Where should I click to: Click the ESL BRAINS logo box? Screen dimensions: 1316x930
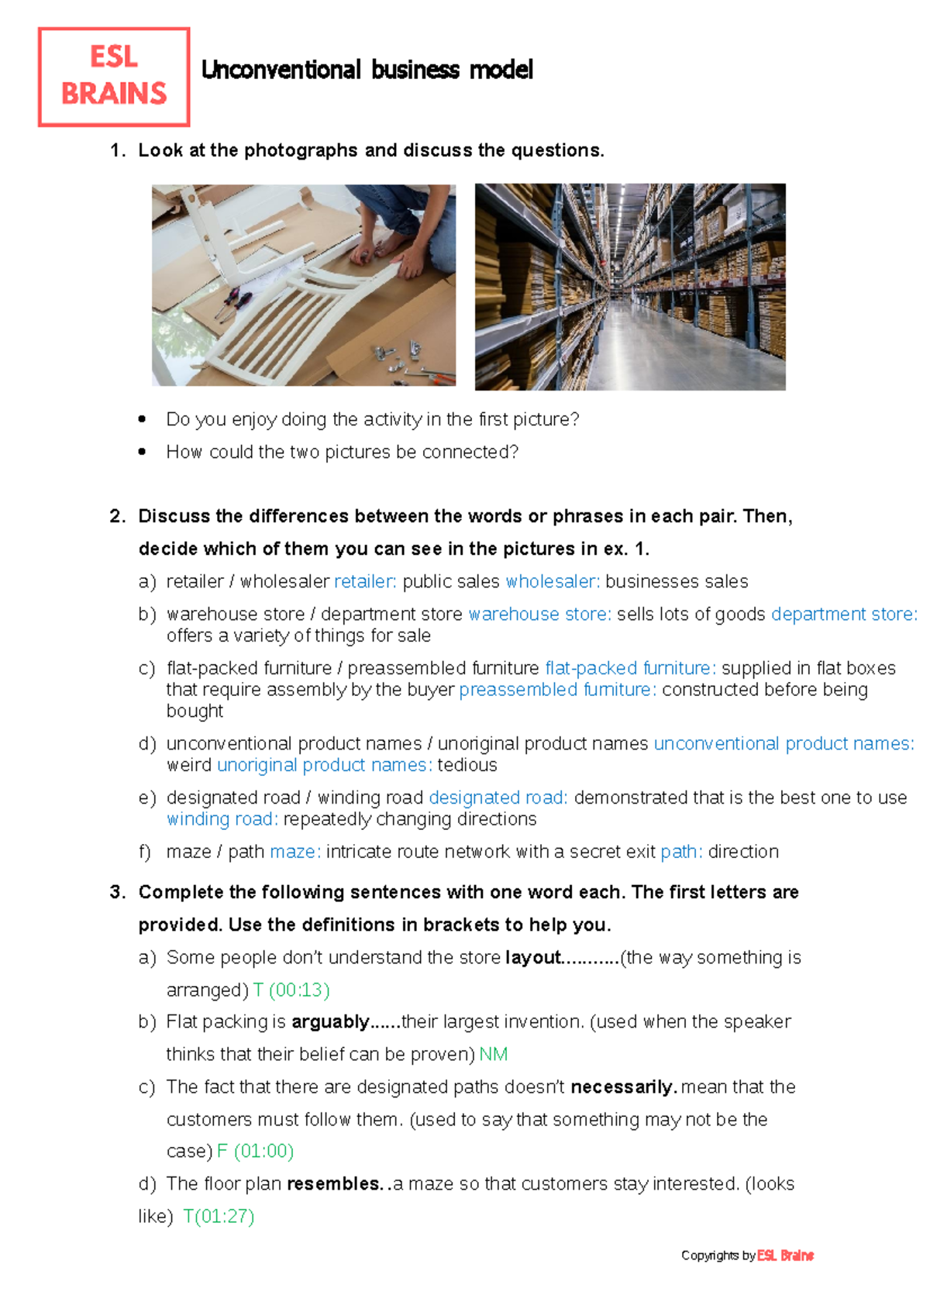114,77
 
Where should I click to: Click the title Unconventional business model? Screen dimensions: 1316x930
367,70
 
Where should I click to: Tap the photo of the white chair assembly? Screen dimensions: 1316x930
303,285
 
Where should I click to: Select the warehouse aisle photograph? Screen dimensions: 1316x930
630,287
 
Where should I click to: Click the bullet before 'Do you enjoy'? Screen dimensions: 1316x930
142,419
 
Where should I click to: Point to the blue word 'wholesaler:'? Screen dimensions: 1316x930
553,581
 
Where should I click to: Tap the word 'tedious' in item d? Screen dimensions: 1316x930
467,765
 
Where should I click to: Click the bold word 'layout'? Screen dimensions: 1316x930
532,957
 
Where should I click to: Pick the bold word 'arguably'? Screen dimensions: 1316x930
330,1021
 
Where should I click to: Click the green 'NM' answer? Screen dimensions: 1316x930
494,1054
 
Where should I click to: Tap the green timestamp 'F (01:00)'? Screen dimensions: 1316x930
255,1151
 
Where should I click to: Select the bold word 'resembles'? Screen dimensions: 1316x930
333,1183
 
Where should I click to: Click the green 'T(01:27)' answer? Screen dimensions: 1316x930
219,1216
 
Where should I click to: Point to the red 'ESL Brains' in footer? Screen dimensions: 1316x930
785,1256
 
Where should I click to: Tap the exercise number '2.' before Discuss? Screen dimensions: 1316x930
118,516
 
